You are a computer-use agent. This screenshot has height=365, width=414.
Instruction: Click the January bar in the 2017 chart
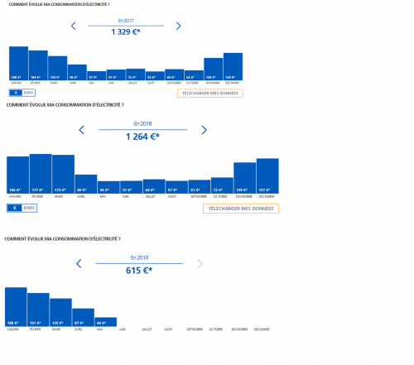coord(18,63)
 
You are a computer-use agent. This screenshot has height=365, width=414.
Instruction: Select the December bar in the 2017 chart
coord(233,66)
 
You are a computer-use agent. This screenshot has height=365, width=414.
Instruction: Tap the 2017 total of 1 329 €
coord(125,32)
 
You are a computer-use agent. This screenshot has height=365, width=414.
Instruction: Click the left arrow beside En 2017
coord(74,26)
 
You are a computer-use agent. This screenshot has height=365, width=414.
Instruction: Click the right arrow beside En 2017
coord(178,26)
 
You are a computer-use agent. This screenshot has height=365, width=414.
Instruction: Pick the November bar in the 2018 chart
coord(245,177)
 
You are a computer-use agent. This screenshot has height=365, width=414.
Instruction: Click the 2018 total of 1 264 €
coord(142,137)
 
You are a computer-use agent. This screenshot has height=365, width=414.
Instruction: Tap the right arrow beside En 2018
coord(205,130)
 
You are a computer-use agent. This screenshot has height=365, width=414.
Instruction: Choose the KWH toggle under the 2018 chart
coord(30,209)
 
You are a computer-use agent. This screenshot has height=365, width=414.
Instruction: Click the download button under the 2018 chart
coord(241,209)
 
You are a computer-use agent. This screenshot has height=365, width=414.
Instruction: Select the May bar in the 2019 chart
coord(105,323)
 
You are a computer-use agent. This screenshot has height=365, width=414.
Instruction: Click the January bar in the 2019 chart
coord(16,307)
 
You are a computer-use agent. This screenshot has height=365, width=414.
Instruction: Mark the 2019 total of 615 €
coord(138,271)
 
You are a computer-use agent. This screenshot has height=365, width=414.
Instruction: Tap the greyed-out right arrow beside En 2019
coord(200,264)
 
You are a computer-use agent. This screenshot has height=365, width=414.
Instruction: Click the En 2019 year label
coord(138,258)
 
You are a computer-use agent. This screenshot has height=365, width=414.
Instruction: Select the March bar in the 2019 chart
coord(60,313)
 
